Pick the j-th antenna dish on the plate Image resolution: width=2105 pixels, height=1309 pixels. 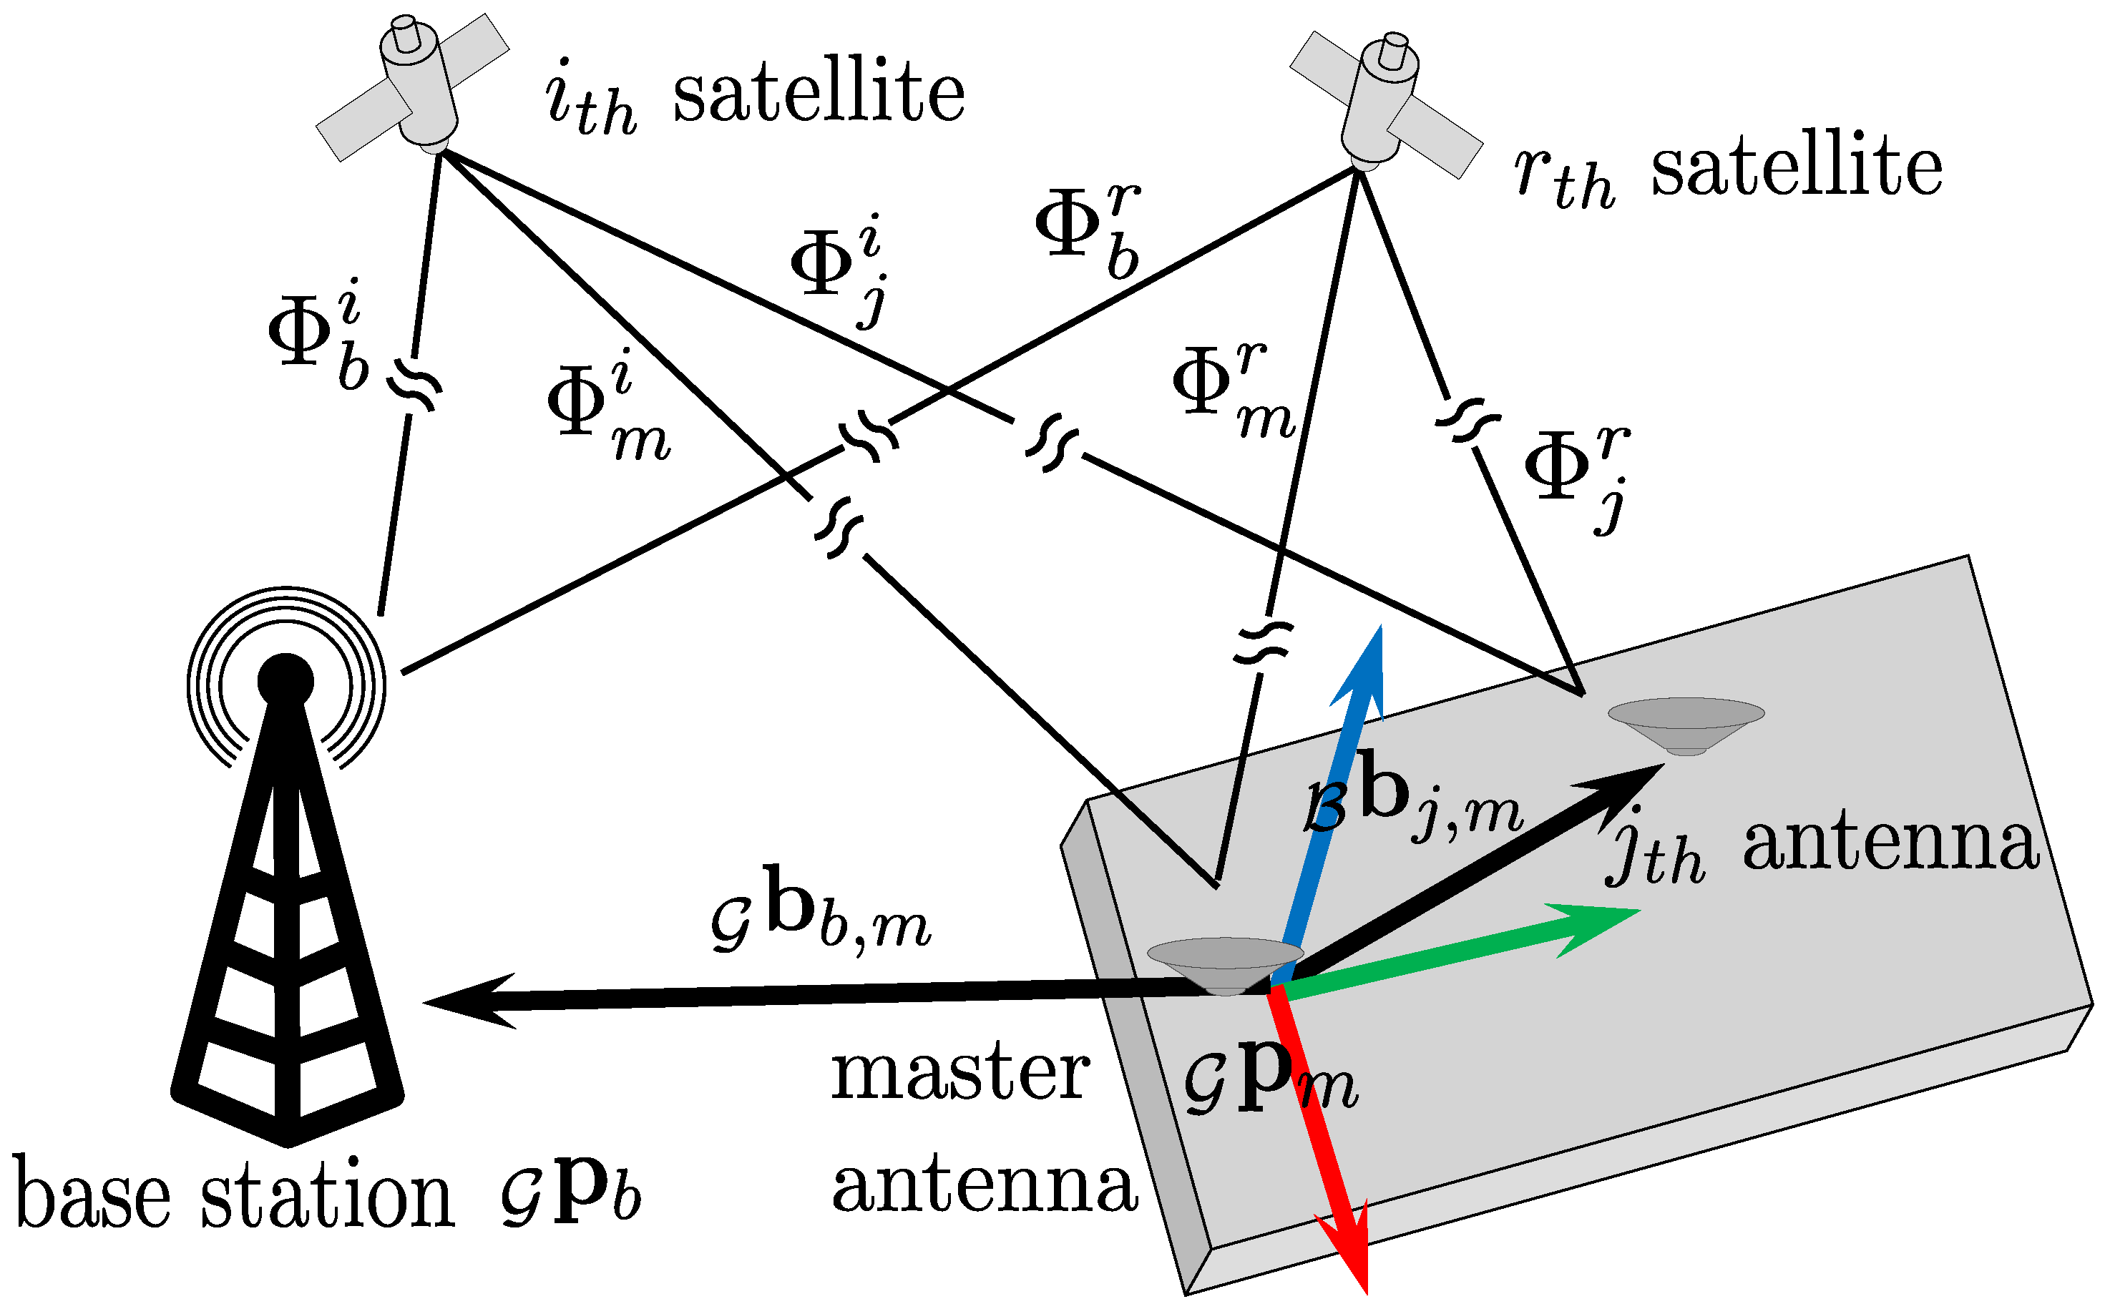click(1685, 724)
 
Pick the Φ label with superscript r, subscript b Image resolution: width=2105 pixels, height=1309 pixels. click(1088, 230)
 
